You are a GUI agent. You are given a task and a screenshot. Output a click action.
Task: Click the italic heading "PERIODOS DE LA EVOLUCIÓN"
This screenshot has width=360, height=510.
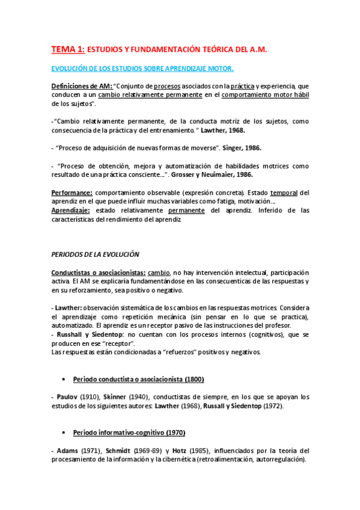point(95,254)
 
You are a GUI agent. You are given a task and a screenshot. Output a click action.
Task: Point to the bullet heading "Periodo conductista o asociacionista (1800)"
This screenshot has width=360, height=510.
point(138,379)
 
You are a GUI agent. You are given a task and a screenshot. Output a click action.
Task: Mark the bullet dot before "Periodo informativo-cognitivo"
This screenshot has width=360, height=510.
point(65,432)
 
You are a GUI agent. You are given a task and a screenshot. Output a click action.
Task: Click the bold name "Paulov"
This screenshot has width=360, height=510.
point(66,397)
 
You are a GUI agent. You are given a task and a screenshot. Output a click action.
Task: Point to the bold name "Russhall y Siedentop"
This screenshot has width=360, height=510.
point(88,334)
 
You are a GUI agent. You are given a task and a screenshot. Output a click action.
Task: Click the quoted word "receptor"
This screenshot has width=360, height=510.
point(120,343)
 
